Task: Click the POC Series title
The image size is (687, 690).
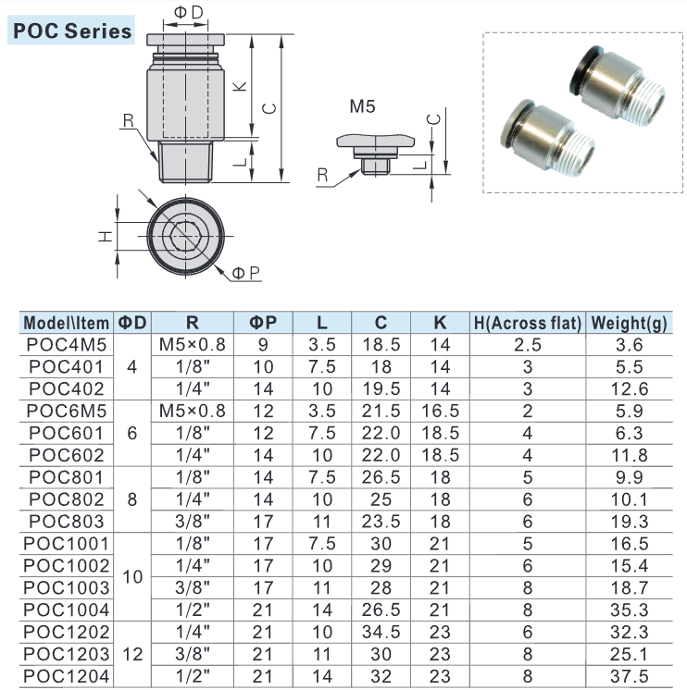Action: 72,31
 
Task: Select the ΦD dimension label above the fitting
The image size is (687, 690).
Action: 189,12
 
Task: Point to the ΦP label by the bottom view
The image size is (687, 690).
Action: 245,273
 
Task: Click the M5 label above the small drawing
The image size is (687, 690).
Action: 362,106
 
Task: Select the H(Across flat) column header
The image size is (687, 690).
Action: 528,323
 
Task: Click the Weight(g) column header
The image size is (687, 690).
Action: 629,323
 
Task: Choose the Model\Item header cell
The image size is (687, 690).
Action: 66,323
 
